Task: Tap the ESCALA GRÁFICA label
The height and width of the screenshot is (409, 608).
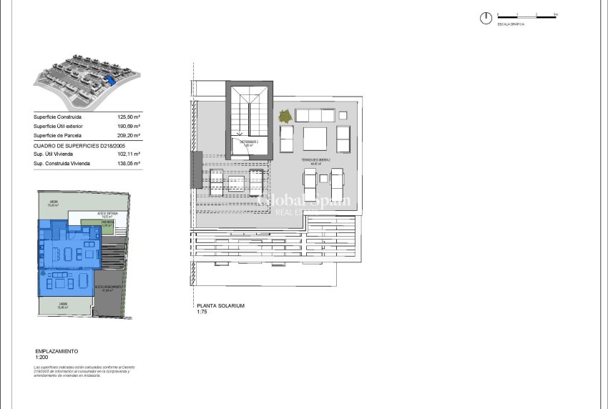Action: click(x=511, y=24)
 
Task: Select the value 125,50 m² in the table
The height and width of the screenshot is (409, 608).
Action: click(x=129, y=117)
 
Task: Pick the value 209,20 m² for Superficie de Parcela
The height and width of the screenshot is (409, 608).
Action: click(x=129, y=135)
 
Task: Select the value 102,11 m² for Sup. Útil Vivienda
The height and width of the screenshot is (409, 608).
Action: click(x=129, y=154)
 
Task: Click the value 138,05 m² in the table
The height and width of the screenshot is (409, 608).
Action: click(x=129, y=163)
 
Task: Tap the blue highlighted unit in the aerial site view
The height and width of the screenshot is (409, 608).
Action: click(x=109, y=80)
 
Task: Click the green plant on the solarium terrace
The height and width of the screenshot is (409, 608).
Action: click(x=285, y=115)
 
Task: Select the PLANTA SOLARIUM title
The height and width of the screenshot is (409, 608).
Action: click(x=221, y=305)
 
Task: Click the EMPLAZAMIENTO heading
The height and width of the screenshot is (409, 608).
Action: click(x=57, y=351)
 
